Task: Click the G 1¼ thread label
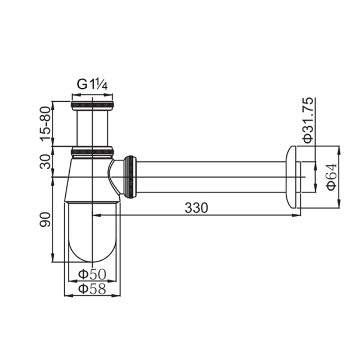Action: pyautogui.click(x=92, y=84)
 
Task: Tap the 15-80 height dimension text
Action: pyautogui.click(x=45, y=124)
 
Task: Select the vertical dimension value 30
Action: pyautogui.click(x=45, y=161)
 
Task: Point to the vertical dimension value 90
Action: pyautogui.click(x=45, y=219)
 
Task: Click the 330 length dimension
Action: pyautogui.click(x=196, y=208)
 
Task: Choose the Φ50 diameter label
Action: pyautogui.click(x=92, y=274)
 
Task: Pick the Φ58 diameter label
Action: pyautogui.click(x=92, y=289)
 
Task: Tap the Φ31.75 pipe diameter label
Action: pyautogui.click(x=308, y=120)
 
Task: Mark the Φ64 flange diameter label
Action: pyautogui.click(x=332, y=177)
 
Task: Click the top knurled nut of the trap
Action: pyautogui.click(x=92, y=105)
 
